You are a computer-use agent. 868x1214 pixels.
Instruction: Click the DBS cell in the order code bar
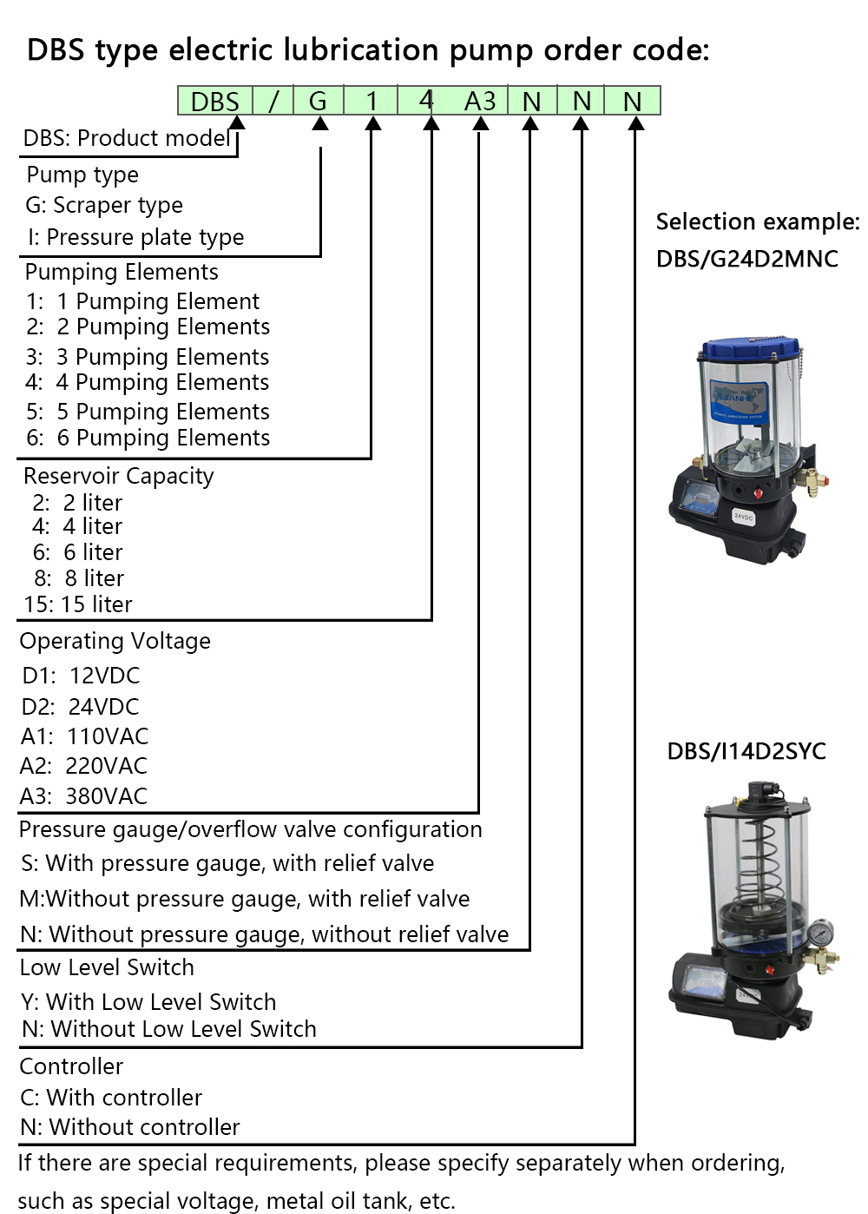point(214,102)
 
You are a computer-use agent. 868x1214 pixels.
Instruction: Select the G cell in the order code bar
point(319,102)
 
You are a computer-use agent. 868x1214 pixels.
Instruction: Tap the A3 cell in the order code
point(480,102)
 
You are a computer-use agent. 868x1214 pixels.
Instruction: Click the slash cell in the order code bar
point(273,102)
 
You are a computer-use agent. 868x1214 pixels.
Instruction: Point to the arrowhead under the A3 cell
point(480,123)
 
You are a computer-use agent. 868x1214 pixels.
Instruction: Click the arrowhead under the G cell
point(320,123)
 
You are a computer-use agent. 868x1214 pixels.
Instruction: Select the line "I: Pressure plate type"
point(135,237)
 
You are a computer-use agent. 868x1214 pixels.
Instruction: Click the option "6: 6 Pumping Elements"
point(148,438)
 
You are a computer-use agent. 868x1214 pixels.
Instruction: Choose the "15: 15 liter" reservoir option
point(78,604)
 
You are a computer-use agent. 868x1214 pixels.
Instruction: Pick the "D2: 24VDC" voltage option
point(81,707)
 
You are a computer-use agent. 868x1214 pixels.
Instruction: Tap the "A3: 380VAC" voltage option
point(84,796)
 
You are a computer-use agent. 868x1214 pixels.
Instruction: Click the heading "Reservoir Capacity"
point(119,476)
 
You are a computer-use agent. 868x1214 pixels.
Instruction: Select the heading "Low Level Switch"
point(107,967)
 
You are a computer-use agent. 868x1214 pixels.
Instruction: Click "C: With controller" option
point(111,1098)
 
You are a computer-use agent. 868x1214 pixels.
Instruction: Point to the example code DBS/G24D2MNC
point(747,259)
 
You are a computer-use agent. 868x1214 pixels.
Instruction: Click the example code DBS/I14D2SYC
point(746,751)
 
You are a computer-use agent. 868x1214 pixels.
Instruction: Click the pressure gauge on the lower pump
point(819,933)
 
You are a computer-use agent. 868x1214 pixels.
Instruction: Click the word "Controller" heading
point(71,1066)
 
